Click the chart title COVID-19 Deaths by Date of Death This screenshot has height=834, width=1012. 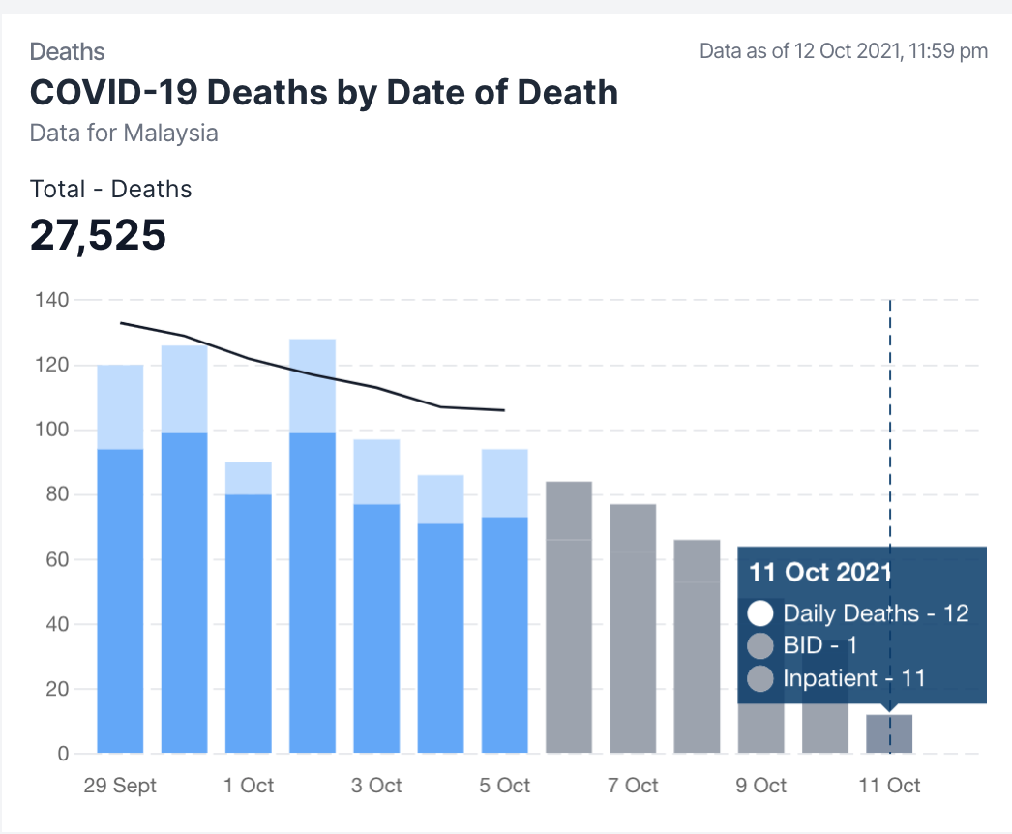[324, 93]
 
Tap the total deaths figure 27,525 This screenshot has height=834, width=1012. [98, 235]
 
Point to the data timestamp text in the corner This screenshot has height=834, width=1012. [844, 51]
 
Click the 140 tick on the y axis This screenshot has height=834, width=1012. [53, 300]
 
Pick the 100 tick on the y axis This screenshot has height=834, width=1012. [53, 430]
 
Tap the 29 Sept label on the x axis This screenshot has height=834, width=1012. [120, 785]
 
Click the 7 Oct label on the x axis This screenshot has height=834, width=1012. [633, 785]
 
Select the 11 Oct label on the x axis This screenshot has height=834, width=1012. [889, 785]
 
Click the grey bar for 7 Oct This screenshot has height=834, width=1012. [633, 629]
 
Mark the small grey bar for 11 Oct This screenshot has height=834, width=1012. [889, 734]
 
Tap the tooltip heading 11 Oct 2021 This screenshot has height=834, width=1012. [820, 572]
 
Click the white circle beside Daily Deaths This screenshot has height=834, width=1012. [761, 613]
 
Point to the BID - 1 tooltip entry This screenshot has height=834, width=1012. [820, 645]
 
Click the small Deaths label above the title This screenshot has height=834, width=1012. [68, 51]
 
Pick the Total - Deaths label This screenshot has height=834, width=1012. [111, 189]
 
